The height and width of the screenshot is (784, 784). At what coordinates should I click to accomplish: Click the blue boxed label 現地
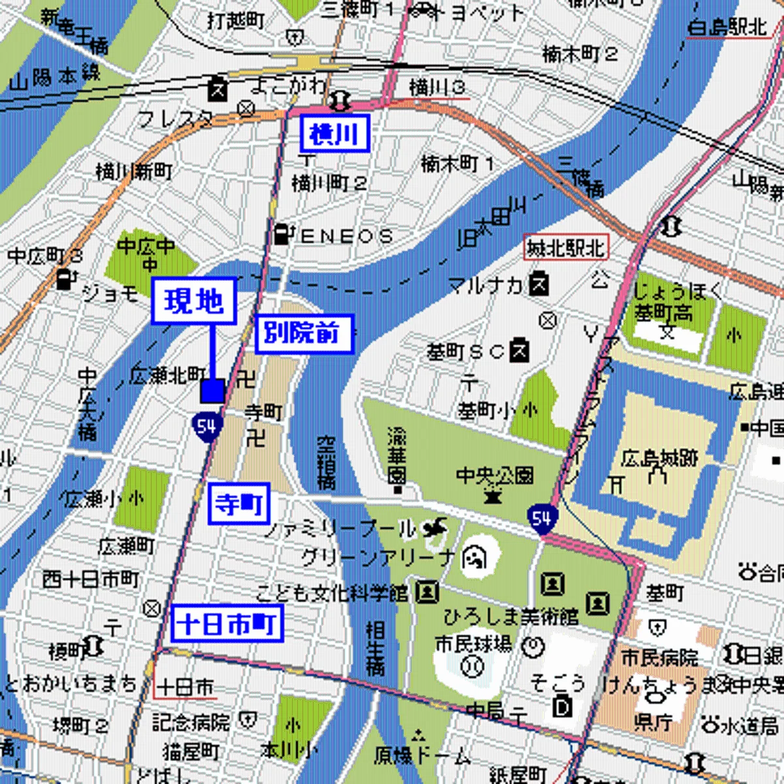tap(193, 301)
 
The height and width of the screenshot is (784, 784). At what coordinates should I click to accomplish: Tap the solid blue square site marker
tap(212, 391)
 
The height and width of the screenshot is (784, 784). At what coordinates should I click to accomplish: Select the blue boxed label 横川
tap(335, 133)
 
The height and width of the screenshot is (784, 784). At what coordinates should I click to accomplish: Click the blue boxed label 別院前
tap(303, 334)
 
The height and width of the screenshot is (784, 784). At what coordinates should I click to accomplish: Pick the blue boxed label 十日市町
tap(227, 623)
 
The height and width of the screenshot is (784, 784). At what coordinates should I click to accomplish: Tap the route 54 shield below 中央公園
tap(542, 519)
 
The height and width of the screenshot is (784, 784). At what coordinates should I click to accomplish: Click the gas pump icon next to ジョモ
tap(64, 279)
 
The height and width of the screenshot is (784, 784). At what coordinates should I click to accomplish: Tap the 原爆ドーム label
tap(422, 755)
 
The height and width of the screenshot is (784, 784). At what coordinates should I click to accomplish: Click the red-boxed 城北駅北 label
tap(566, 248)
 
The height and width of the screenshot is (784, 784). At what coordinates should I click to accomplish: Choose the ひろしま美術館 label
tap(511, 616)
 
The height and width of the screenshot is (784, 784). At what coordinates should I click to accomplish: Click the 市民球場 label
tap(474, 644)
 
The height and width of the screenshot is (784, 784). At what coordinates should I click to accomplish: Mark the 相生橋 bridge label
tap(375, 647)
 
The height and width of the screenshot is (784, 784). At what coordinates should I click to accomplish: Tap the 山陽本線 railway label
tap(56, 76)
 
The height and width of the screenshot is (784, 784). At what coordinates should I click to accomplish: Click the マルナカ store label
tap(486, 285)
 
